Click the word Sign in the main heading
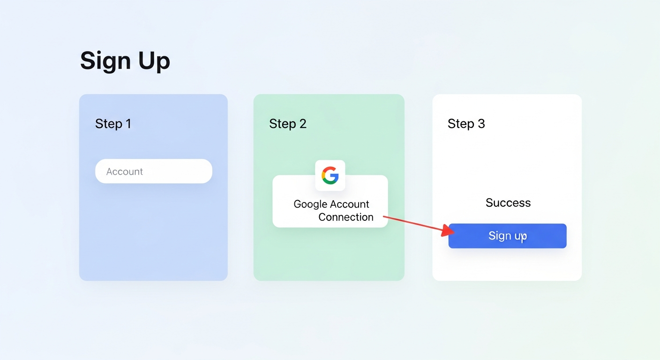click(x=105, y=61)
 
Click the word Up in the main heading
click(x=154, y=61)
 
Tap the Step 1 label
click(x=113, y=124)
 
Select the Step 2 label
click(x=288, y=124)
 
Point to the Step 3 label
click(x=466, y=124)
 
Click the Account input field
click(x=153, y=171)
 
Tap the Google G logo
click(x=330, y=175)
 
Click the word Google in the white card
click(x=310, y=204)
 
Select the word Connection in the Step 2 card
click(x=346, y=217)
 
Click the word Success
click(x=508, y=202)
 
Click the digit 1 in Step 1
click(x=128, y=123)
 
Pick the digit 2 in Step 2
click(x=303, y=123)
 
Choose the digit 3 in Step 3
click(x=481, y=123)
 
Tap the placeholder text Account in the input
click(x=124, y=172)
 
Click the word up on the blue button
click(x=519, y=236)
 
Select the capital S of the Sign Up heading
click(x=89, y=60)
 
